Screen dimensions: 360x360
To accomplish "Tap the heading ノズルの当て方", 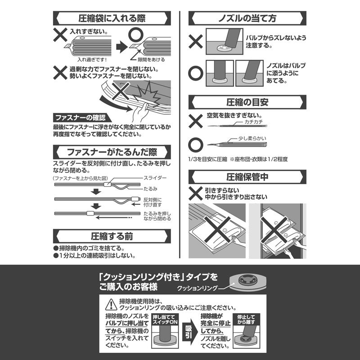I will point(247,18).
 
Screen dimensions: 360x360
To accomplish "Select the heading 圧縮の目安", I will point(247,102).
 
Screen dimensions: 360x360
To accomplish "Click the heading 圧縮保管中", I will point(247,177).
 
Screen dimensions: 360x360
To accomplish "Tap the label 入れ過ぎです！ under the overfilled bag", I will point(91,59).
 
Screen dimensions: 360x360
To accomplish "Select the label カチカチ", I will point(255,122).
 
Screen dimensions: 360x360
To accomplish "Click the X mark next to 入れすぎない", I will point(60,35).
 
